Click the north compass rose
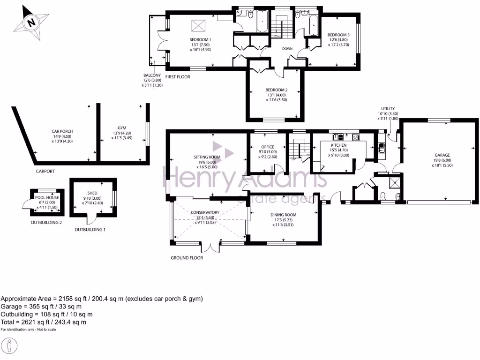[x=31, y=22]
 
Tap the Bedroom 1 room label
[x=200, y=39]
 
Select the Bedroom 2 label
[x=276, y=90]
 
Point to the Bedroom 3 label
[x=338, y=35]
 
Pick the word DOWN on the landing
[x=287, y=48]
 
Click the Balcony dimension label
[x=152, y=75]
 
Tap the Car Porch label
[x=62, y=131]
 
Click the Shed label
[x=92, y=193]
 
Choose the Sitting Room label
[x=207, y=157]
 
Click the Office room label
[x=268, y=147]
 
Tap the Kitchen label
[x=338, y=145]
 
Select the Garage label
[x=442, y=155]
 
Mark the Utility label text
[x=388, y=108]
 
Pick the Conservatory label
[x=205, y=212]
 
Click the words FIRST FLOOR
[x=178, y=77]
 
